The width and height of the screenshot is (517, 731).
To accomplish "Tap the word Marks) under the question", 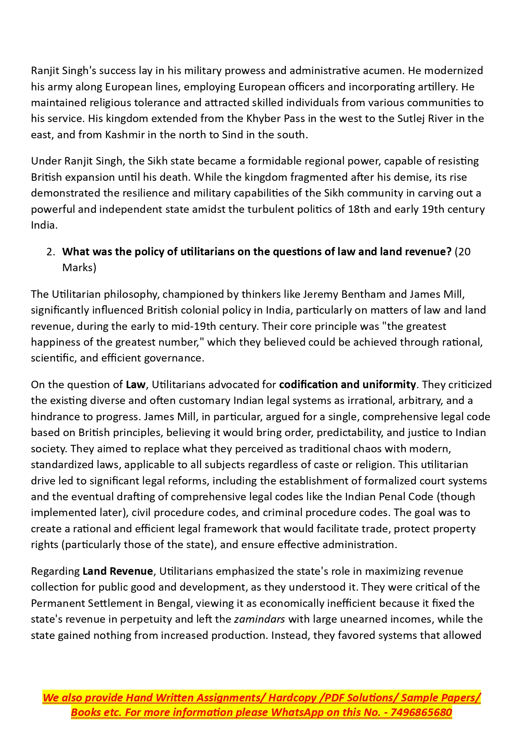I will point(79,267).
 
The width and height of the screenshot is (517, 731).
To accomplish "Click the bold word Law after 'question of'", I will point(135,384).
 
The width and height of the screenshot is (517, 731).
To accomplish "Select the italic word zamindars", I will point(260,619).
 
